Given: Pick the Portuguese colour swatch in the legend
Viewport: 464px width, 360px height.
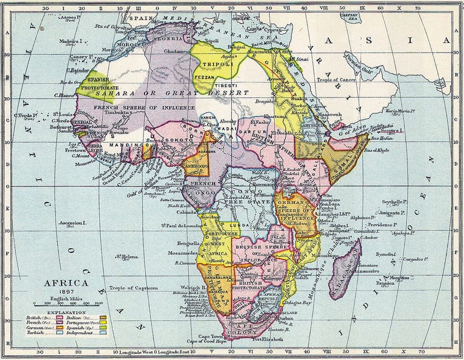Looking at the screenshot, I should (x=103, y=322).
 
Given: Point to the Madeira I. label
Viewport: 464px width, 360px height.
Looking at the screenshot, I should (x=71, y=41).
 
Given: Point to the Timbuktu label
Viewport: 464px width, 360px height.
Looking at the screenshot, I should (x=120, y=113).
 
